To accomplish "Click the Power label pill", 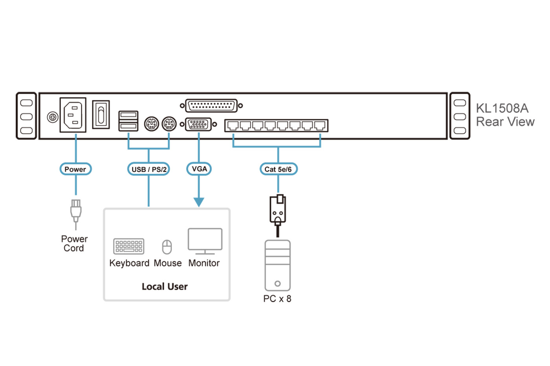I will (75, 169).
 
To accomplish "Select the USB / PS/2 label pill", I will (148, 169).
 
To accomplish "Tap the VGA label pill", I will (199, 169).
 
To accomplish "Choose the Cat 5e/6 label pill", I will (278, 169).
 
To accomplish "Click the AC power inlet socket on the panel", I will (73, 115).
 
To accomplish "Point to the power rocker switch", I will (101, 115).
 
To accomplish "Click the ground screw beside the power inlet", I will (52, 117).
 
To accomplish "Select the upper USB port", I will (128, 115).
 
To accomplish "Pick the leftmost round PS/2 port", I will (151, 124).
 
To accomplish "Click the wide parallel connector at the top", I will (211, 106).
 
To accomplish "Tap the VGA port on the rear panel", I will (198, 124).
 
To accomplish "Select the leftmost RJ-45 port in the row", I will (233, 126).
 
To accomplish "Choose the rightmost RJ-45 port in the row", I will (320, 126).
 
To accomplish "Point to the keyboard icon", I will (128, 246).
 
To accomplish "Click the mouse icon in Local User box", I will (167, 247).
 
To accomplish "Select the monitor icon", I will (205, 241).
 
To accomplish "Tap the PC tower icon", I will (277, 265).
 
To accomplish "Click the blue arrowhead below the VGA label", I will (199, 202).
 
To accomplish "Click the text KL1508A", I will (502, 108).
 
